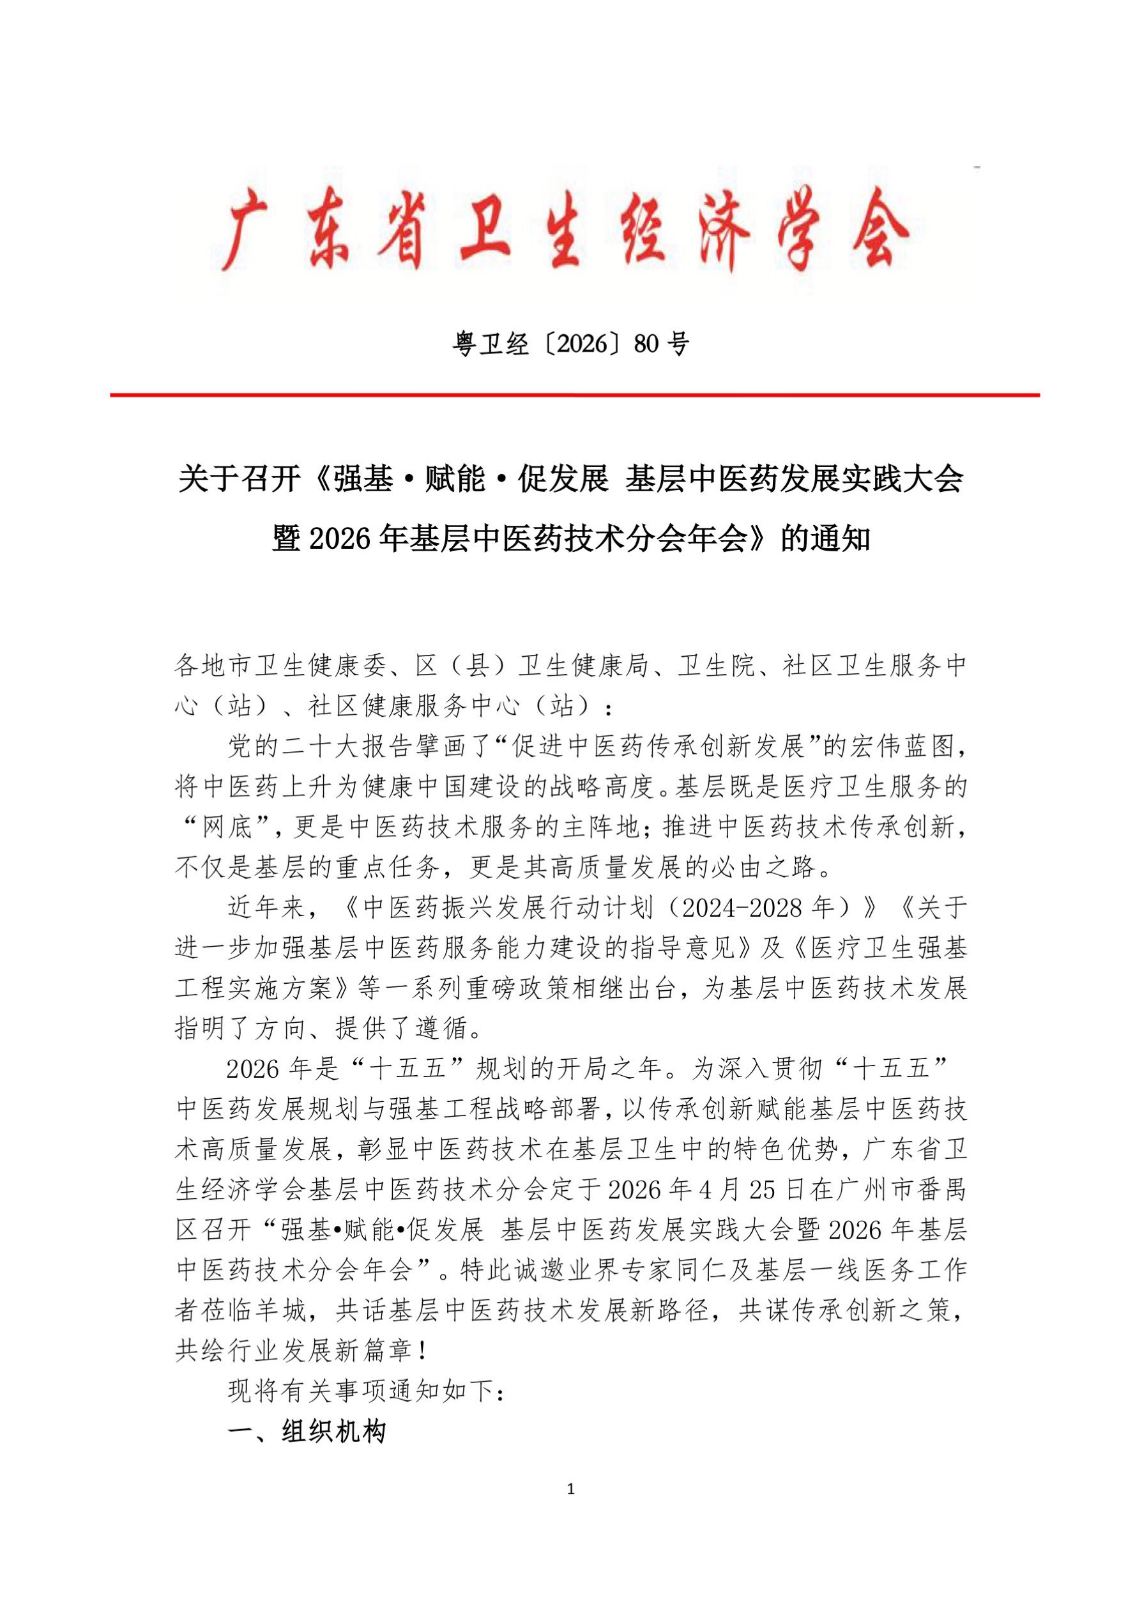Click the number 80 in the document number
[647, 345]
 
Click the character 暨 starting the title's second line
[287, 540]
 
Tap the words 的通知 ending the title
[827, 540]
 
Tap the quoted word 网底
[227, 827]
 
